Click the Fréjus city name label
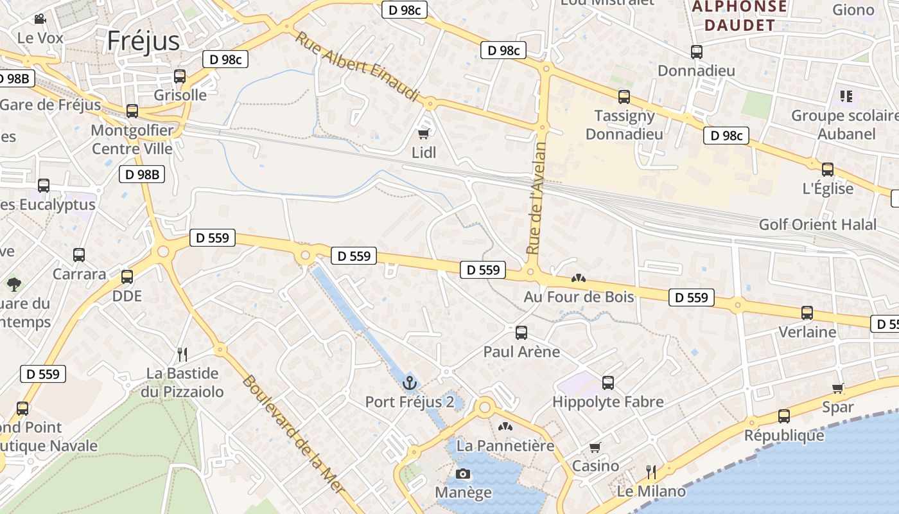(143, 40)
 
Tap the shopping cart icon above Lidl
(423, 134)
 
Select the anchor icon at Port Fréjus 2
(410, 384)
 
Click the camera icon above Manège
(462, 474)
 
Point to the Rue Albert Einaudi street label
(356, 66)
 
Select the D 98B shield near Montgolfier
(142, 174)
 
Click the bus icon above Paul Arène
(521, 333)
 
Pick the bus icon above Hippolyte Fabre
(608, 383)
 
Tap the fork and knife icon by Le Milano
(651, 472)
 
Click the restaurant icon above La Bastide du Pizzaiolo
(182, 354)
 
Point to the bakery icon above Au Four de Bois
(579, 278)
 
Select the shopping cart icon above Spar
(838, 388)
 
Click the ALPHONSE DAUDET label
(738, 16)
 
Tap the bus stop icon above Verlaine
(807, 313)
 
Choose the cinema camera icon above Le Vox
(40, 19)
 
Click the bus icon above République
(784, 416)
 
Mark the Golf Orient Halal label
(817, 224)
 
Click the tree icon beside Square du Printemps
(13, 283)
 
